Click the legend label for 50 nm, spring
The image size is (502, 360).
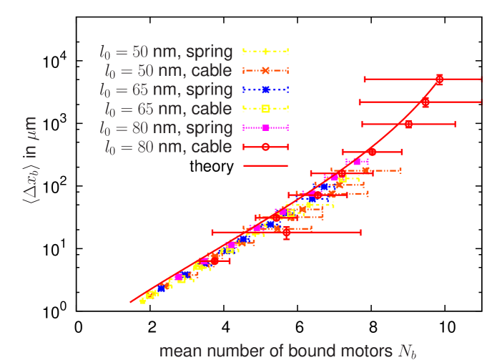coord(167,52)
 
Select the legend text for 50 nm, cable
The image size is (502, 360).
coord(167,70)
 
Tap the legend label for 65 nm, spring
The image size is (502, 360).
coord(167,89)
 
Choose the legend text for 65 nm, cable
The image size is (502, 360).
coord(167,109)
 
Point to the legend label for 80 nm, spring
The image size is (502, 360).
coord(167,127)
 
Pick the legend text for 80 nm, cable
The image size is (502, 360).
coord(167,147)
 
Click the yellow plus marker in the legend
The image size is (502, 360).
coord(265,52)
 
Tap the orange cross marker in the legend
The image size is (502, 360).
coord(265,70)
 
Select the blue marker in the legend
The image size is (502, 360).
coord(265,89)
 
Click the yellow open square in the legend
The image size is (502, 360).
coord(265,109)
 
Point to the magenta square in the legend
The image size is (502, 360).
coord(265,127)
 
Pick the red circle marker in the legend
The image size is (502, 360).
coord(265,147)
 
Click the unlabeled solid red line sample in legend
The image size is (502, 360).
coord(265,165)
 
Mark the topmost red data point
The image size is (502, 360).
coord(439,79)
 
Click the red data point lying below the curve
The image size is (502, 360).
coord(287,232)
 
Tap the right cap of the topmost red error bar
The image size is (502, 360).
coord(481,79)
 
